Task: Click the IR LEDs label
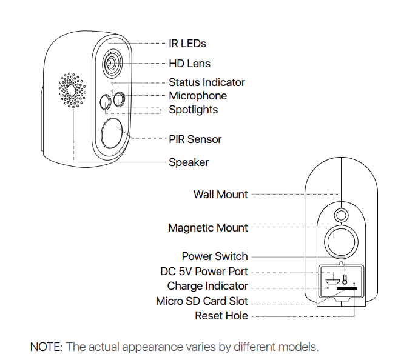point(187,44)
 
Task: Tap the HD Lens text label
point(189,64)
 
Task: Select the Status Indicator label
point(207,82)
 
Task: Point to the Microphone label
point(198,96)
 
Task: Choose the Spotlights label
point(194,110)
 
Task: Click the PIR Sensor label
point(195,139)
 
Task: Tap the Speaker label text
point(189,162)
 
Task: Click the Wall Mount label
point(221,195)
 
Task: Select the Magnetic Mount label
point(208,228)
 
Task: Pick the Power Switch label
point(215,256)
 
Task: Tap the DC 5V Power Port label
point(204,272)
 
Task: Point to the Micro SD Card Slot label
point(202,301)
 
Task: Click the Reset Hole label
point(221,316)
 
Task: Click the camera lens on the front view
point(112,64)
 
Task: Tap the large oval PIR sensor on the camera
point(112,133)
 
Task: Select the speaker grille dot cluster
point(72,90)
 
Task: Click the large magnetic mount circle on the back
point(341,242)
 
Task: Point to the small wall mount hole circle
point(341,215)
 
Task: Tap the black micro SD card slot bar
point(347,288)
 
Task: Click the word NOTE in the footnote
point(46,347)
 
